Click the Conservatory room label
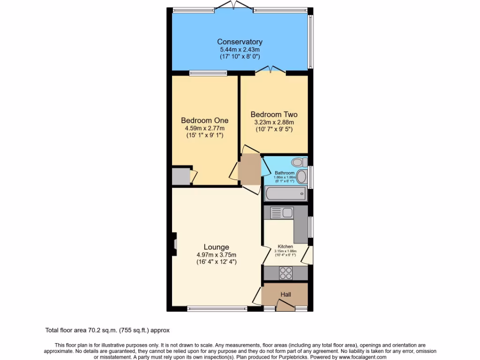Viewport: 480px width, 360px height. (240, 42)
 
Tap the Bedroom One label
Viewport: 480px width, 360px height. (204, 120)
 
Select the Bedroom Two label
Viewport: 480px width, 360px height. (274, 114)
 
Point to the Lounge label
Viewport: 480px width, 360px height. (216, 247)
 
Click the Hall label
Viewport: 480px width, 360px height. (285, 294)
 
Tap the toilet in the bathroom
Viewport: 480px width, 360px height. (298, 163)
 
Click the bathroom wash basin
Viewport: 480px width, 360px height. (302, 177)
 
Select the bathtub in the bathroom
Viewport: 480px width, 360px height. (285, 194)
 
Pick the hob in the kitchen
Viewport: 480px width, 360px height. (286, 272)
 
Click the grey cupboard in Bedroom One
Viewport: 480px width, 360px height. (180, 177)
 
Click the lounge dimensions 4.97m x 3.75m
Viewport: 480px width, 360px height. (216, 255)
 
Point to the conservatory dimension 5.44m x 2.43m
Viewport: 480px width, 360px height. (240, 49)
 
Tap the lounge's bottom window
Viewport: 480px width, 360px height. (217, 308)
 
